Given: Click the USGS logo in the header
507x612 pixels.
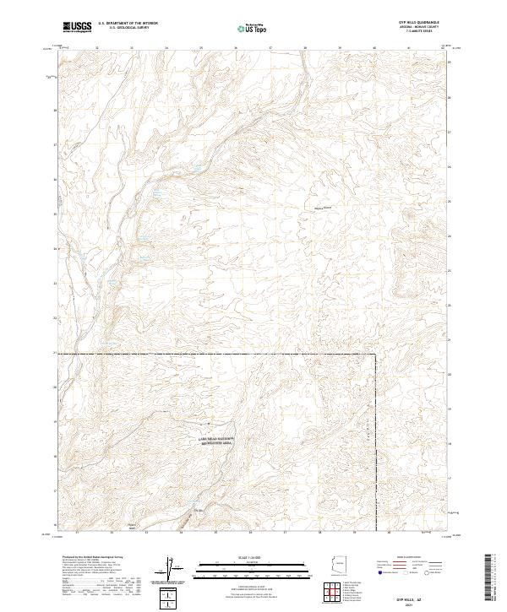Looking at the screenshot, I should [x=77, y=28].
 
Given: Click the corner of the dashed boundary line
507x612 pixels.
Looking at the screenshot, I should [x=375, y=355].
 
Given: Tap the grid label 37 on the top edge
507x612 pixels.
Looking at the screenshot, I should [x=270, y=48].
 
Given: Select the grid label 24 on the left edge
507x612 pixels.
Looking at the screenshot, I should [x=56, y=248].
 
